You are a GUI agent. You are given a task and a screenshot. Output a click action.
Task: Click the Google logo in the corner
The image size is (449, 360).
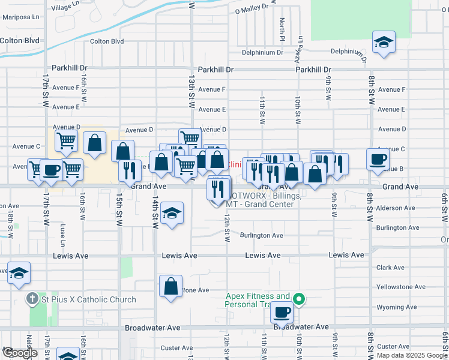pyautogui.click(x=20, y=353)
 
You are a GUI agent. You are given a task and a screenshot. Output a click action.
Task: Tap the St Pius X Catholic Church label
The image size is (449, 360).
pyautogui.click(x=89, y=299)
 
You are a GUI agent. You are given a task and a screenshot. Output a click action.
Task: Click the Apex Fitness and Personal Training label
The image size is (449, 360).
pyautogui.click(x=258, y=300)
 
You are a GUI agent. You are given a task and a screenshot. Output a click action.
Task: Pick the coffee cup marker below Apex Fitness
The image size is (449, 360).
pyautogui.click(x=282, y=311)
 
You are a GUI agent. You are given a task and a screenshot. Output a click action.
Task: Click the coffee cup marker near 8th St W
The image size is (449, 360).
pyautogui.click(x=378, y=159)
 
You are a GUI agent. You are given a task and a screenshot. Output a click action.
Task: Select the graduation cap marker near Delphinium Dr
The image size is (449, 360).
pyautogui.click(x=383, y=42)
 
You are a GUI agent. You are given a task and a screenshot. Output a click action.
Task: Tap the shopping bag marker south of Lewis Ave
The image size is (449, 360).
pyautogui.click(x=171, y=285)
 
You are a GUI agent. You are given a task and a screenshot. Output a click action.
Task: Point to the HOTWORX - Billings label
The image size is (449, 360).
pyautogui.click(x=261, y=199)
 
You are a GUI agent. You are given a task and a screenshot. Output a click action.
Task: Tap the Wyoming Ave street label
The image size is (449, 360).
pyautogui.click(x=396, y=307)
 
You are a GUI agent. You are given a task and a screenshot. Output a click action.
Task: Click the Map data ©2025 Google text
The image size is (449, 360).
pyautogui.click(x=412, y=355)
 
